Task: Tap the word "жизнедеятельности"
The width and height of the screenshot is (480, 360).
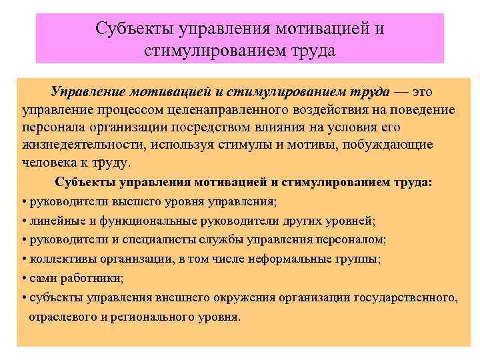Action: [77, 145]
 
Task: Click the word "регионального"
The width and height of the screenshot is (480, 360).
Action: [155, 317]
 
